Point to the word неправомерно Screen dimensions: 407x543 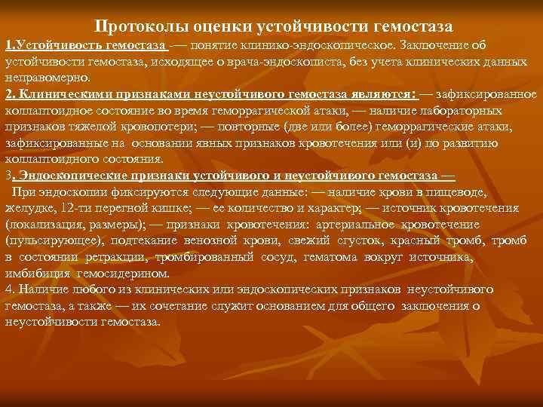[x=47, y=78]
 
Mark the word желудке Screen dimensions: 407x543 [x=26, y=208]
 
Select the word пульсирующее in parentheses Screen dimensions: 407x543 [x=44, y=240]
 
